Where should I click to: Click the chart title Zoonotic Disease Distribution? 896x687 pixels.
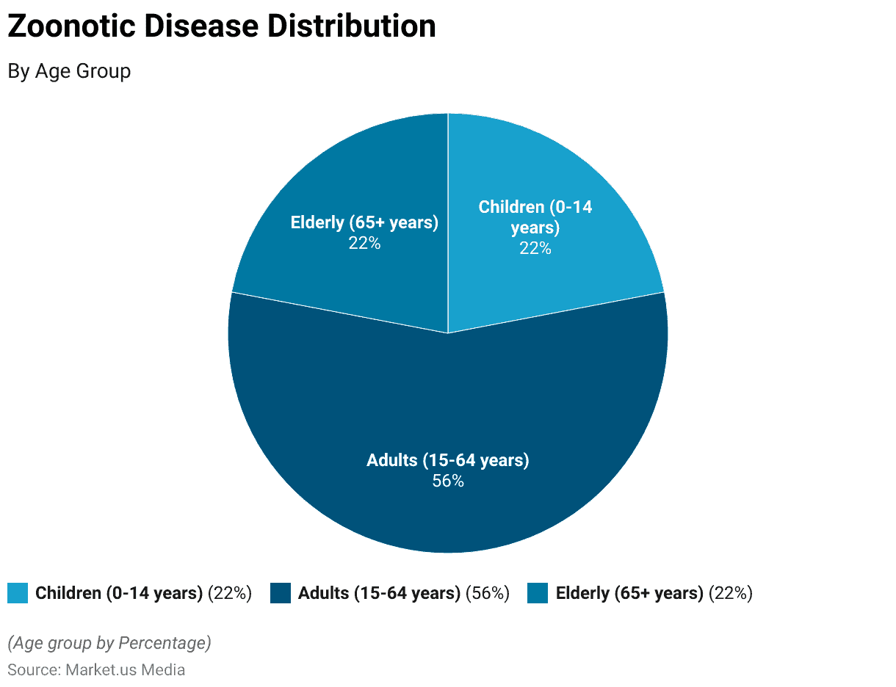(x=221, y=27)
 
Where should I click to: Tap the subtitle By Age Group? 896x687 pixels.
(x=69, y=71)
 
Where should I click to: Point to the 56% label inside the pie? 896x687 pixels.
(x=448, y=481)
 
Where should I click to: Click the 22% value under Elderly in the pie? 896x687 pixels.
(x=364, y=243)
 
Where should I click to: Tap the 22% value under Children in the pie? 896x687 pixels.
(x=535, y=248)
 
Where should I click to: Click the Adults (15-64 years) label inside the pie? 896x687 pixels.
(x=448, y=460)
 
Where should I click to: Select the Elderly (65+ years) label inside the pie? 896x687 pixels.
(x=364, y=222)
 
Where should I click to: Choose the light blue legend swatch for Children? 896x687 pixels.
(x=18, y=593)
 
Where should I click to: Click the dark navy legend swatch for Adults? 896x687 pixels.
(x=281, y=593)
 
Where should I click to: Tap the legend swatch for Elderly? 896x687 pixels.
(x=538, y=593)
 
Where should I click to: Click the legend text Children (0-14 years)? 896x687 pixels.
(x=119, y=593)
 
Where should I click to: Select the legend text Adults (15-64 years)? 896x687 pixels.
(x=379, y=593)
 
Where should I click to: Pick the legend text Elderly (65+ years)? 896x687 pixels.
(x=629, y=593)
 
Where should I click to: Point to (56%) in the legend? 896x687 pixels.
(x=488, y=593)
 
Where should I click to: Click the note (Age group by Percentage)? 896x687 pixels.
(x=109, y=643)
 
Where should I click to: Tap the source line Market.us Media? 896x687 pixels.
(x=96, y=669)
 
